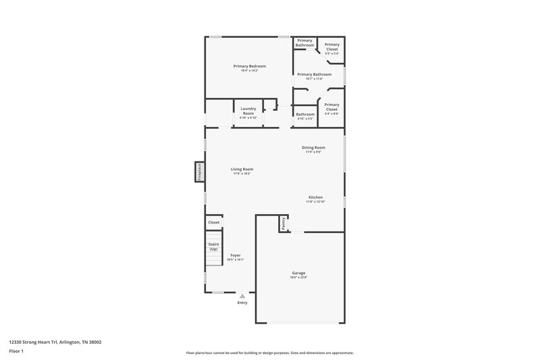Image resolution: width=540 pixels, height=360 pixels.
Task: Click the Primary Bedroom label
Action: click(250, 66)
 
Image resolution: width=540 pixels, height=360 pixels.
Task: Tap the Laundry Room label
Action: click(248, 111)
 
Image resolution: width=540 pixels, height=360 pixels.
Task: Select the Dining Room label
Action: click(313, 147)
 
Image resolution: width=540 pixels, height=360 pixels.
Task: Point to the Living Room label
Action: click(242, 170)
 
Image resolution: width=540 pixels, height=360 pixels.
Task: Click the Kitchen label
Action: click(315, 197)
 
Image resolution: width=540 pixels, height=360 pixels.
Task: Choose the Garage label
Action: click(298, 273)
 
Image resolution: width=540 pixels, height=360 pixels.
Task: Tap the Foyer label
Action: click(236, 255)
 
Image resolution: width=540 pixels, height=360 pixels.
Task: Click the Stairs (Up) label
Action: click(213, 247)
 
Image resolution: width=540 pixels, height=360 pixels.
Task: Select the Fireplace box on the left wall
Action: click(200, 172)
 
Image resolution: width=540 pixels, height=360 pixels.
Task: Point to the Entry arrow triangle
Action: click(242, 296)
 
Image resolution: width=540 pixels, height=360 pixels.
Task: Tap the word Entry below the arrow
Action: click(242, 303)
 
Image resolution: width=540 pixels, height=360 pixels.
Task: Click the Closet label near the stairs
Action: click(213, 222)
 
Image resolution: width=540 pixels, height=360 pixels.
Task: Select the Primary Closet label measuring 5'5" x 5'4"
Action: click(331, 47)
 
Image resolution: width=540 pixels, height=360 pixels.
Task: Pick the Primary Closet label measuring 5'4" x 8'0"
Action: click(331, 107)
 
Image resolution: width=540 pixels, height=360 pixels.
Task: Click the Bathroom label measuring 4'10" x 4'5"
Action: click(305, 114)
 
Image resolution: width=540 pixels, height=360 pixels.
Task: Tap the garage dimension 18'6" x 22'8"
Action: click(298, 278)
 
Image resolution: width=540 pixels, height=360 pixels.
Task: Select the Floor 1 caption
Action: click(16, 351)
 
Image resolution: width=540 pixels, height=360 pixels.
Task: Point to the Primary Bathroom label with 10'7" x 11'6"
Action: click(315, 74)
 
